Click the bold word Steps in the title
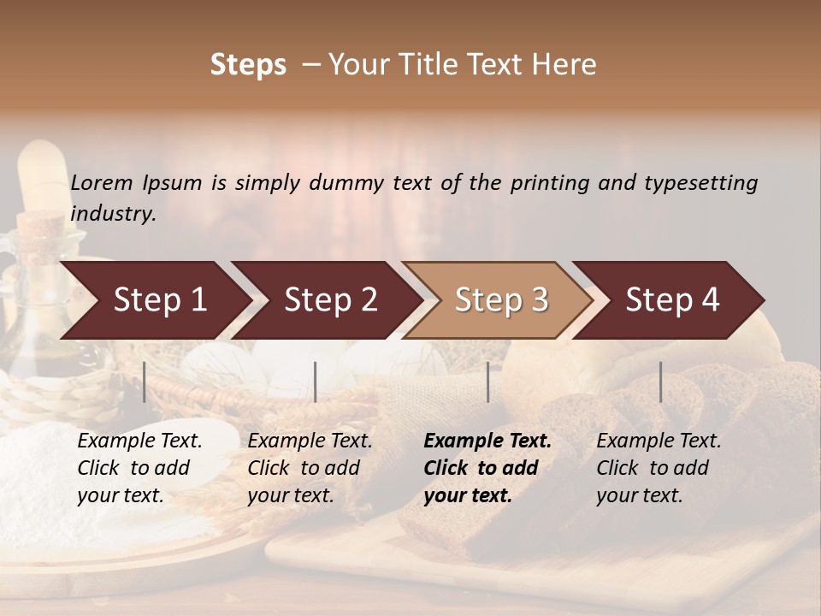point(248,65)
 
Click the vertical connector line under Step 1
point(145,382)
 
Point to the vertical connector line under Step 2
point(316,382)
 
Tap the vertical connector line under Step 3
point(488,382)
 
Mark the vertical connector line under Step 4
point(660,382)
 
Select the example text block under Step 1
point(139,468)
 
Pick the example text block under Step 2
point(310,468)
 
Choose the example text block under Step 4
point(659,468)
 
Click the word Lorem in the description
point(102,182)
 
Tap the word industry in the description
point(113,213)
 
